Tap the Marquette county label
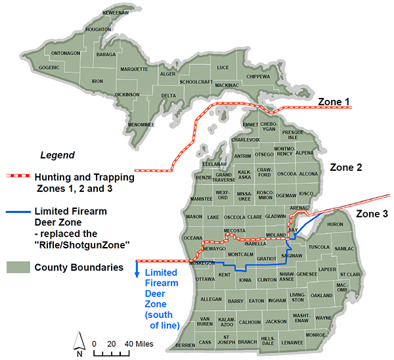click(x=134, y=68)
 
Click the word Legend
click(x=58, y=156)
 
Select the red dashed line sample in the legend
click(x=20, y=177)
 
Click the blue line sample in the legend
click(x=20, y=212)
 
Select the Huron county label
click(x=335, y=225)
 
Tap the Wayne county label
click(x=323, y=318)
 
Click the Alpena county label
click(x=305, y=152)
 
